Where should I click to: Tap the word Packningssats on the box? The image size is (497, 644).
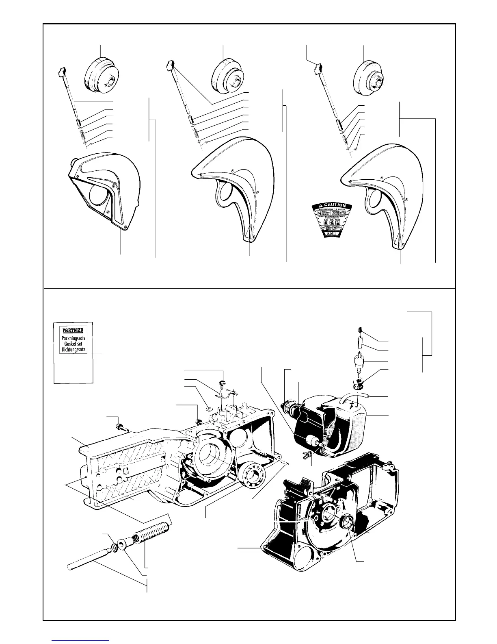point(73,338)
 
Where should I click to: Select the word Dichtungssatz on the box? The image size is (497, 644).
point(73,350)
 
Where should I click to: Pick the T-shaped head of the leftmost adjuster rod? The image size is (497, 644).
point(62,72)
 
